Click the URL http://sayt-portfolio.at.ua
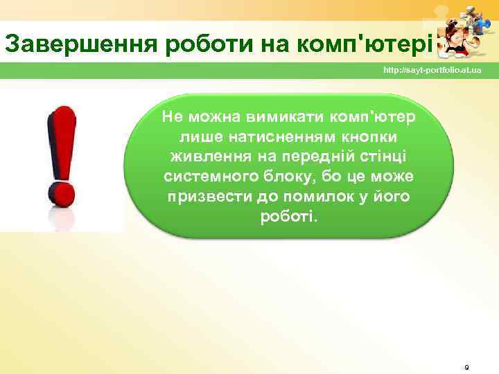coord(432,72)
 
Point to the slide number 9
coord(466,366)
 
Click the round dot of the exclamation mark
coord(61,191)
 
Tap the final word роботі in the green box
coord(288,217)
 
